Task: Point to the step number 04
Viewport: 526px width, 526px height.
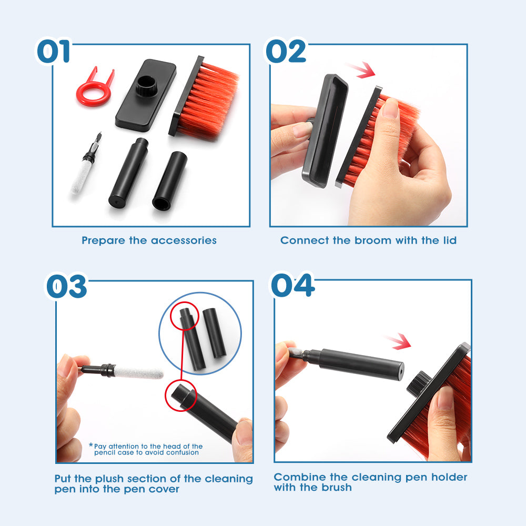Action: (x=292, y=286)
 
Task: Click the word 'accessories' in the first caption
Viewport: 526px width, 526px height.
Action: (x=184, y=241)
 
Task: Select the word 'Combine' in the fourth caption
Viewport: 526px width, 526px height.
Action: (x=296, y=478)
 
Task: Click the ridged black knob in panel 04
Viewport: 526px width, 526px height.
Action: (x=417, y=382)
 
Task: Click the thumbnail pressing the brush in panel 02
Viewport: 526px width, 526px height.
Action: (x=390, y=109)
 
